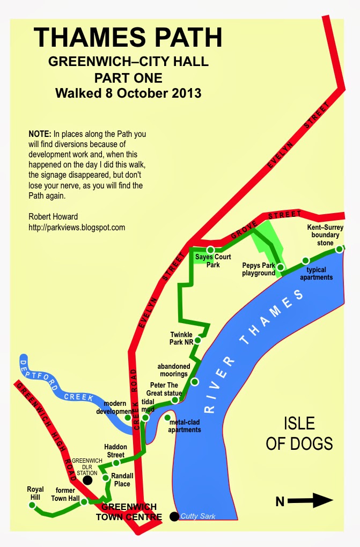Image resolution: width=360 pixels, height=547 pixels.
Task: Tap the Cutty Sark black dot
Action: [174, 516]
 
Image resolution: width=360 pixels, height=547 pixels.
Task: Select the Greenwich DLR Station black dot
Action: [87, 480]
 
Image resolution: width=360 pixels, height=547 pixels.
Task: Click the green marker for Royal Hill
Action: [35, 506]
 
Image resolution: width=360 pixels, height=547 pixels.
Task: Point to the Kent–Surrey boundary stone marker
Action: [339, 249]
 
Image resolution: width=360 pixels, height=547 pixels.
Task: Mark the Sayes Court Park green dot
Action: [211, 250]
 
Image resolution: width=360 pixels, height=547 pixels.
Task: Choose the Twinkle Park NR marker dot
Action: [197, 340]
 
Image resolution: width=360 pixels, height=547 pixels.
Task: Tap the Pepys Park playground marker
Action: [280, 267]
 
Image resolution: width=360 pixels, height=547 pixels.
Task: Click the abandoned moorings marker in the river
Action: [195, 382]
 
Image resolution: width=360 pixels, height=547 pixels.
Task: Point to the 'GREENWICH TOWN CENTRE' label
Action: [129, 512]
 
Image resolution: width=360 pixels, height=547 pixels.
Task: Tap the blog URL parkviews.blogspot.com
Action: [77, 228]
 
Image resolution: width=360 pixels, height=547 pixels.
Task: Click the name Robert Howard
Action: [53, 217]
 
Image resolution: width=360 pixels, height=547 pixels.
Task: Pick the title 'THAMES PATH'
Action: [128, 38]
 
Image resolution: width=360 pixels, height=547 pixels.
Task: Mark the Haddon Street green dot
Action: [116, 463]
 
